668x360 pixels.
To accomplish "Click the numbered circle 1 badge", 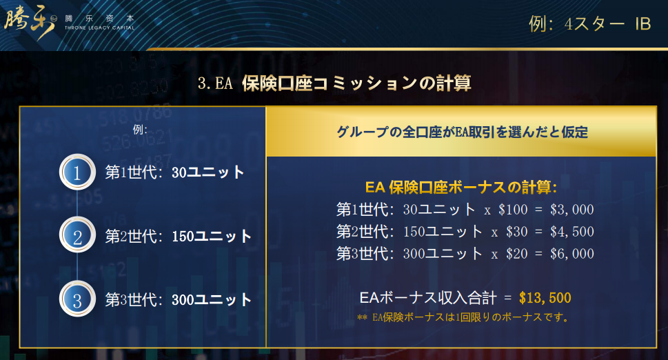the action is pos(77,172).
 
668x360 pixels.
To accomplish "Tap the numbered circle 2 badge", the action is pos(77,235).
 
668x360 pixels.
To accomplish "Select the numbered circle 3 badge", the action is pos(77,299).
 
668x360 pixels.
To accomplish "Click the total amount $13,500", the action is pos(545,297).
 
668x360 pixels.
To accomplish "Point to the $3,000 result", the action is pos(571,210).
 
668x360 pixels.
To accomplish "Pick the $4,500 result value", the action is pos(571,232).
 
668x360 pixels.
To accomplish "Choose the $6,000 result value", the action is pos(571,254).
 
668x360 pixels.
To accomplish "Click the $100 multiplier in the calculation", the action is pos(513,210).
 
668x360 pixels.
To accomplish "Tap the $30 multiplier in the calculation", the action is pos(517,232).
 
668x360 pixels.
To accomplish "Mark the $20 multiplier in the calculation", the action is pos(517,254).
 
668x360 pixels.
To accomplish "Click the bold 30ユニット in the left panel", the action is pos(208,172).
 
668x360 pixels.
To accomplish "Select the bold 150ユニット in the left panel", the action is pos(212,236).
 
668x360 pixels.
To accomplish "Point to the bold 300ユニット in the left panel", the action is pos(212,299).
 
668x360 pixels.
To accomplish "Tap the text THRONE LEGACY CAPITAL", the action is pos(99,28).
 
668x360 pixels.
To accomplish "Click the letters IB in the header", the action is pos(643,24).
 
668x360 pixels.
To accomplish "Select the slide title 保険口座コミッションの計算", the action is pos(356,83).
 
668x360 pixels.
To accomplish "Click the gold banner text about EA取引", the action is pos(463,132).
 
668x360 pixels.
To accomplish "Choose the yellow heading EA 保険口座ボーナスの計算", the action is pos(461,187).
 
